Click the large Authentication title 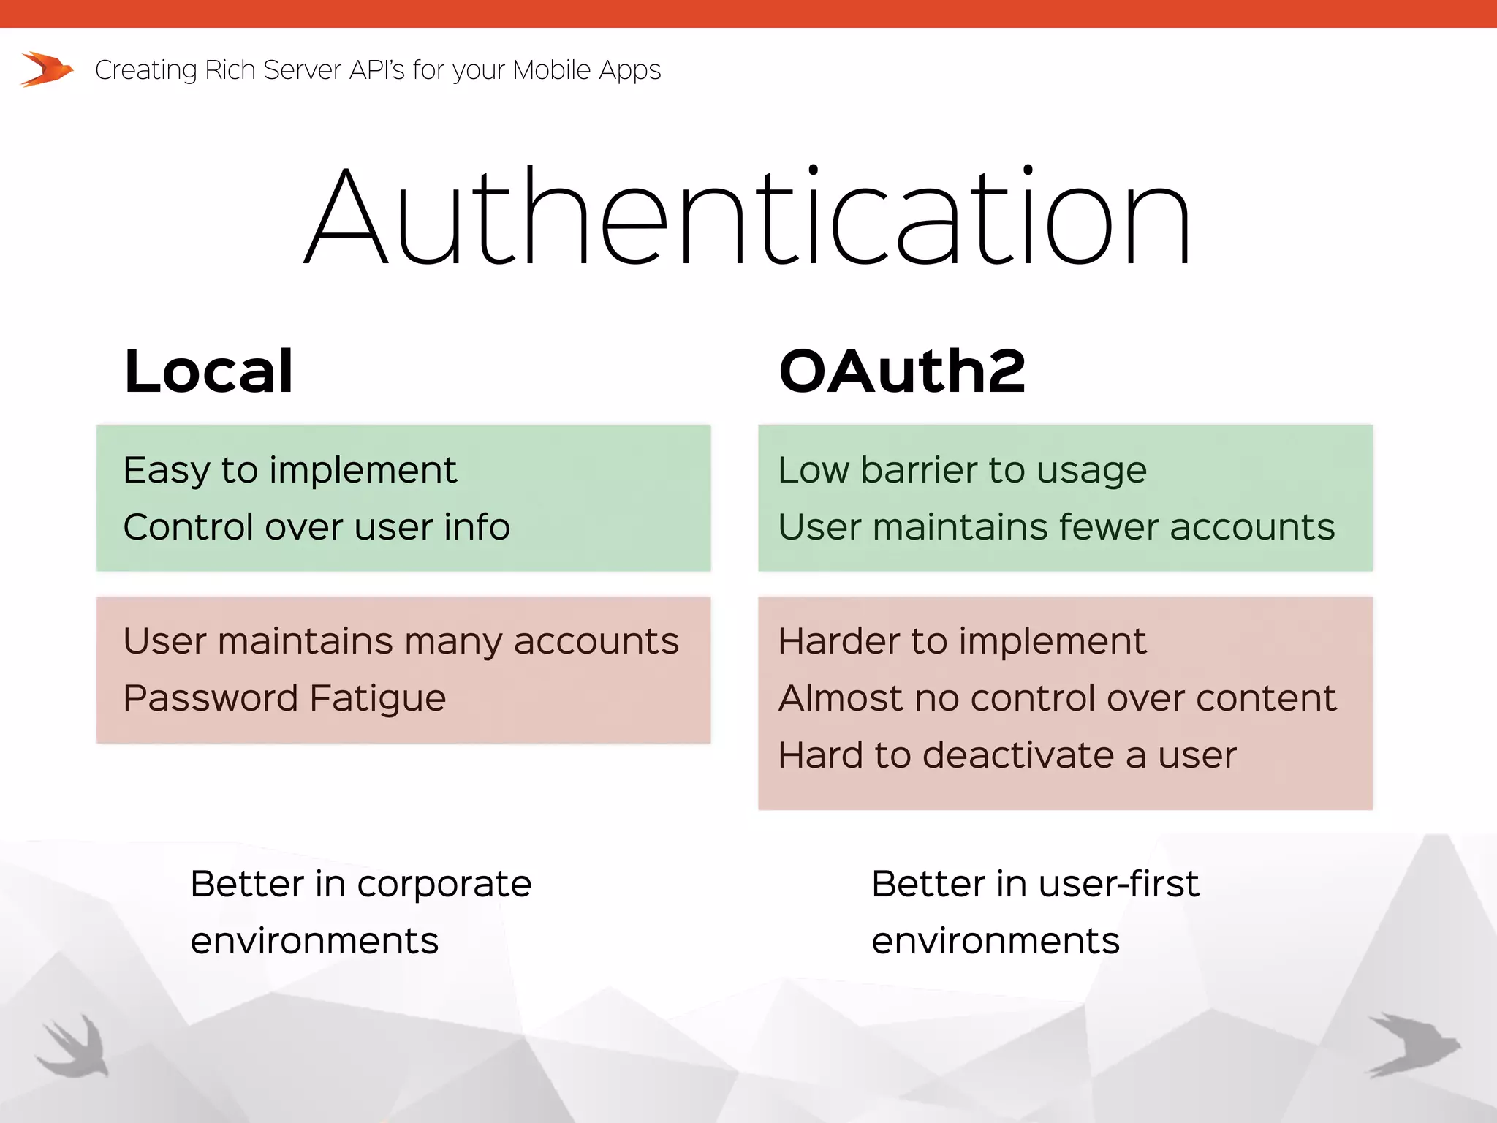point(747,216)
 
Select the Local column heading point(209,372)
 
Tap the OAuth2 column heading point(902,372)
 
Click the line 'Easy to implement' point(289,470)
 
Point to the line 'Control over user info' point(316,527)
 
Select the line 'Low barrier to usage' point(962,470)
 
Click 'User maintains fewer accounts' point(1056,527)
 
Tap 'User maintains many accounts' point(401,642)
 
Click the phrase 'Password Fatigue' point(284,698)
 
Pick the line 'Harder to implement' point(962,642)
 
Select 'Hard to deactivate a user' point(1007,755)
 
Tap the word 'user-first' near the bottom point(1118,884)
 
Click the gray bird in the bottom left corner point(73,1046)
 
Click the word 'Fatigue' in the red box point(377,698)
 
